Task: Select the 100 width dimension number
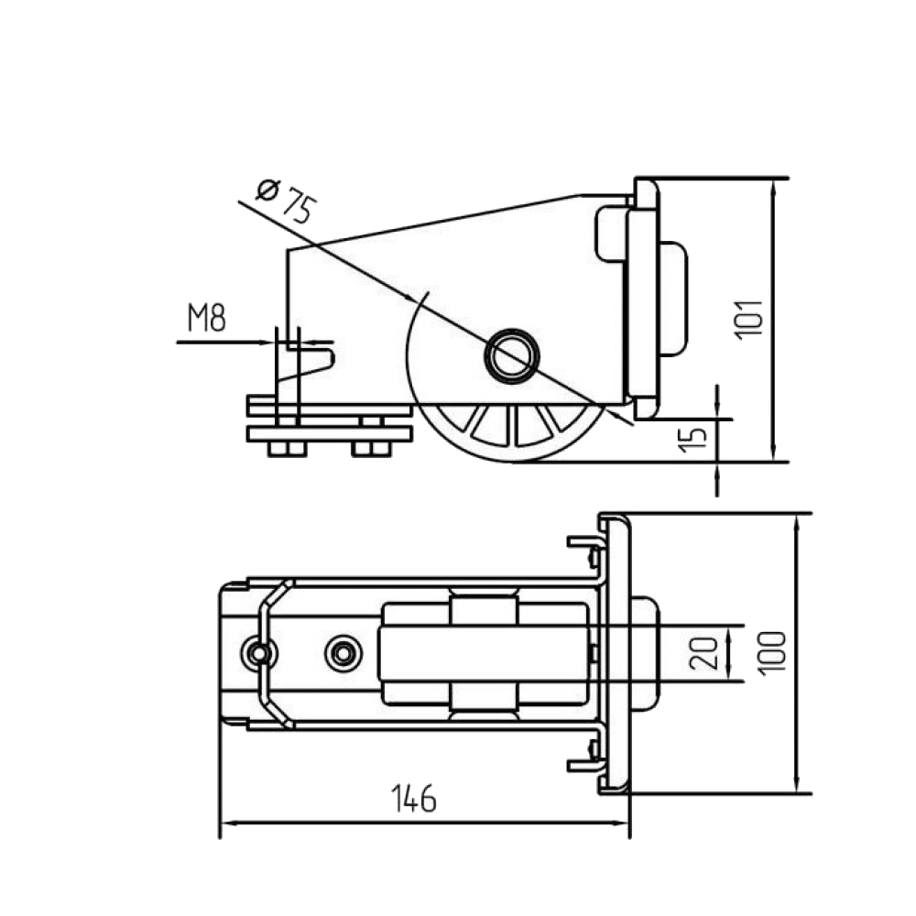pyautogui.click(x=771, y=652)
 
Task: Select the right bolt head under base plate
pyautogui.click(x=367, y=448)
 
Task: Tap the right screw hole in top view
pyautogui.click(x=344, y=651)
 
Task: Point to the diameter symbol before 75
pyautogui.click(x=267, y=190)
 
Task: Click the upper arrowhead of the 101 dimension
pyautogui.click(x=775, y=187)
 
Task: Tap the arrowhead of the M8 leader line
pyautogui.click(x=271, y=342)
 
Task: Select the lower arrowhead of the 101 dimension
pyautogui.click(x=775, y=451)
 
